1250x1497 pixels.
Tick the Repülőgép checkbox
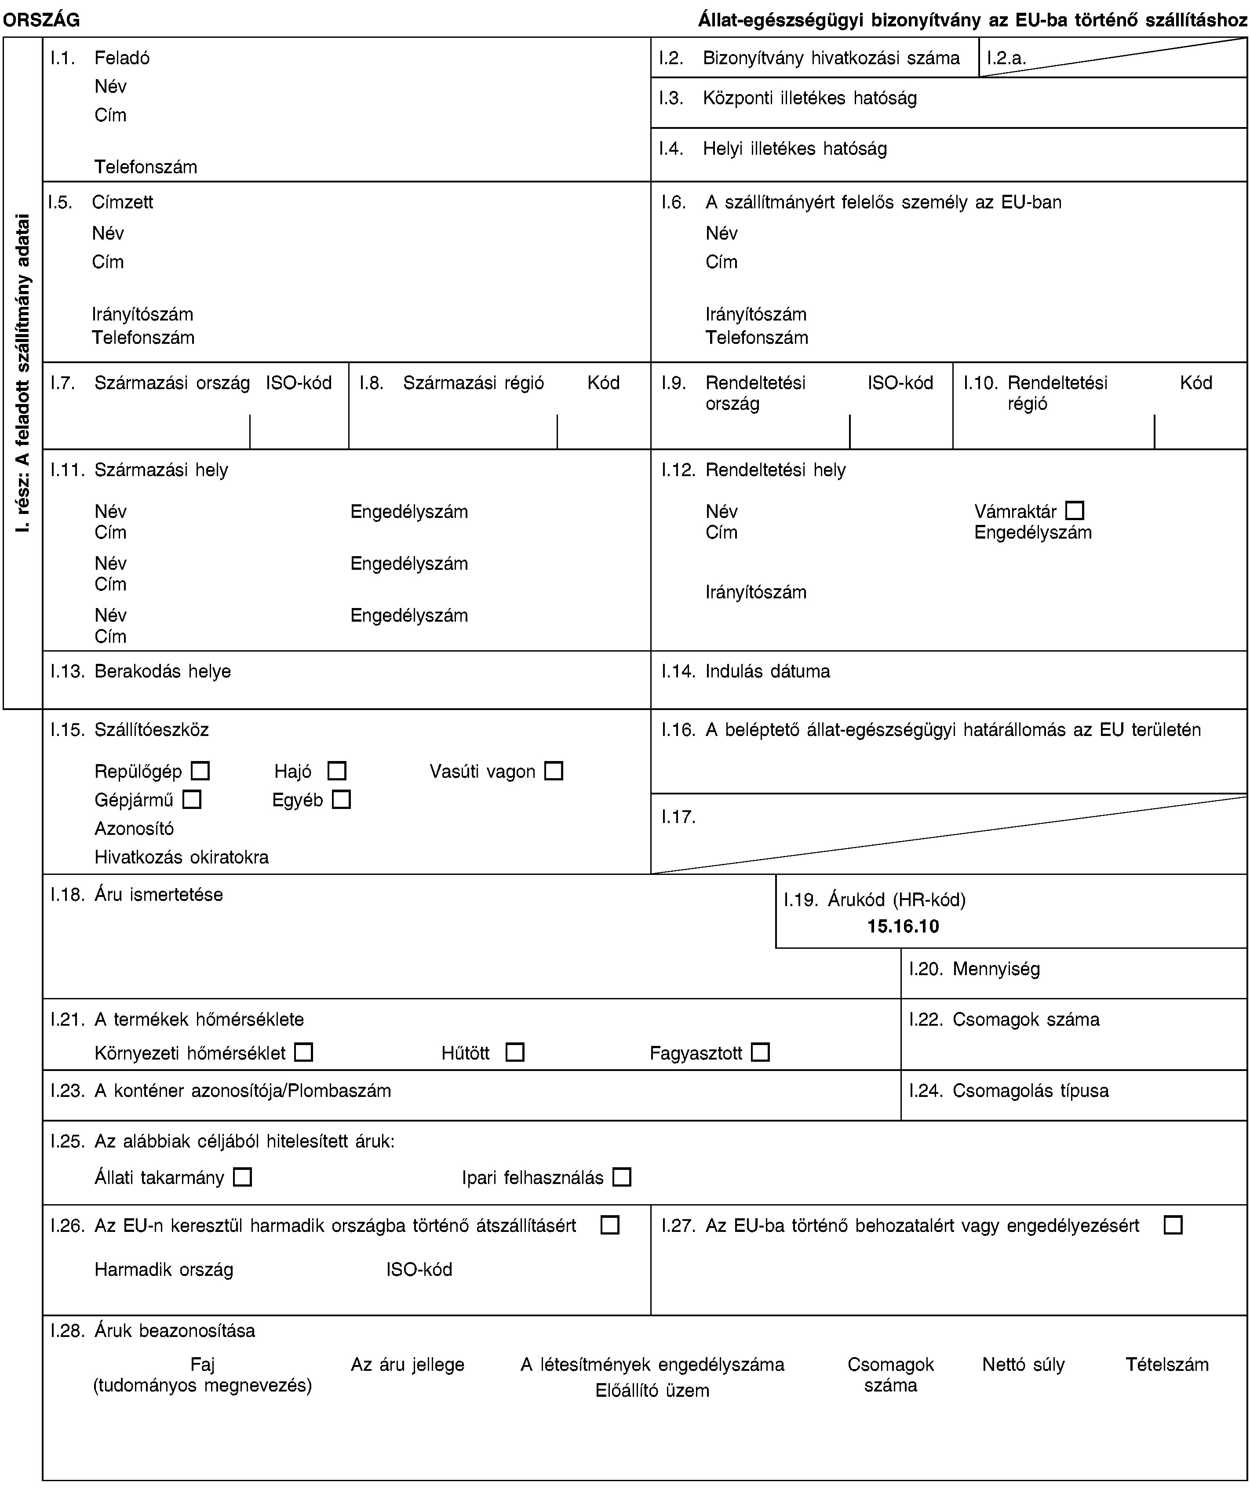[x=200, y=771]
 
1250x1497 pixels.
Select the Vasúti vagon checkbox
[x=554, y=771]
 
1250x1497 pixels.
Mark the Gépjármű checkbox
[x=192, y=800]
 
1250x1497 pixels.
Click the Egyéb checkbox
[x=342, y=800]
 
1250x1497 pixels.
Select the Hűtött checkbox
[x=515, y=1052]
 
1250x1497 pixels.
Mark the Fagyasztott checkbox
[x=760, y=1052]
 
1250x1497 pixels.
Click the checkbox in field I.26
[x=610, y=1225]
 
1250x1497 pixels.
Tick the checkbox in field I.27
[x=1173, y=1225]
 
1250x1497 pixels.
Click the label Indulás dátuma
[x=768, y=671]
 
